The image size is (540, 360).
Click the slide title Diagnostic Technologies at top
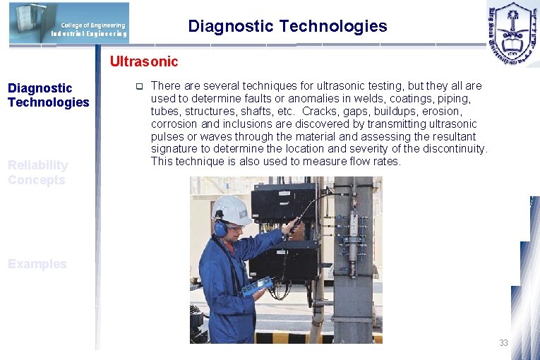(287, 27)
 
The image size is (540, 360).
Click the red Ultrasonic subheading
(144, 62)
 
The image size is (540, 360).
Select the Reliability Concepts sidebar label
(38, 172)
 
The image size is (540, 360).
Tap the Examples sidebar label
(37, 264)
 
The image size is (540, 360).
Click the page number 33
(503, 343)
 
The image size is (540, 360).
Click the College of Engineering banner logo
(69, 23)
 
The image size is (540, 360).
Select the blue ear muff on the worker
(221, 227)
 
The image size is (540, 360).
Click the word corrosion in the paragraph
(172, 124)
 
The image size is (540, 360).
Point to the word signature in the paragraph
(174, 149)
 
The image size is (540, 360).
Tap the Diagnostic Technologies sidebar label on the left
(48, 95)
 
